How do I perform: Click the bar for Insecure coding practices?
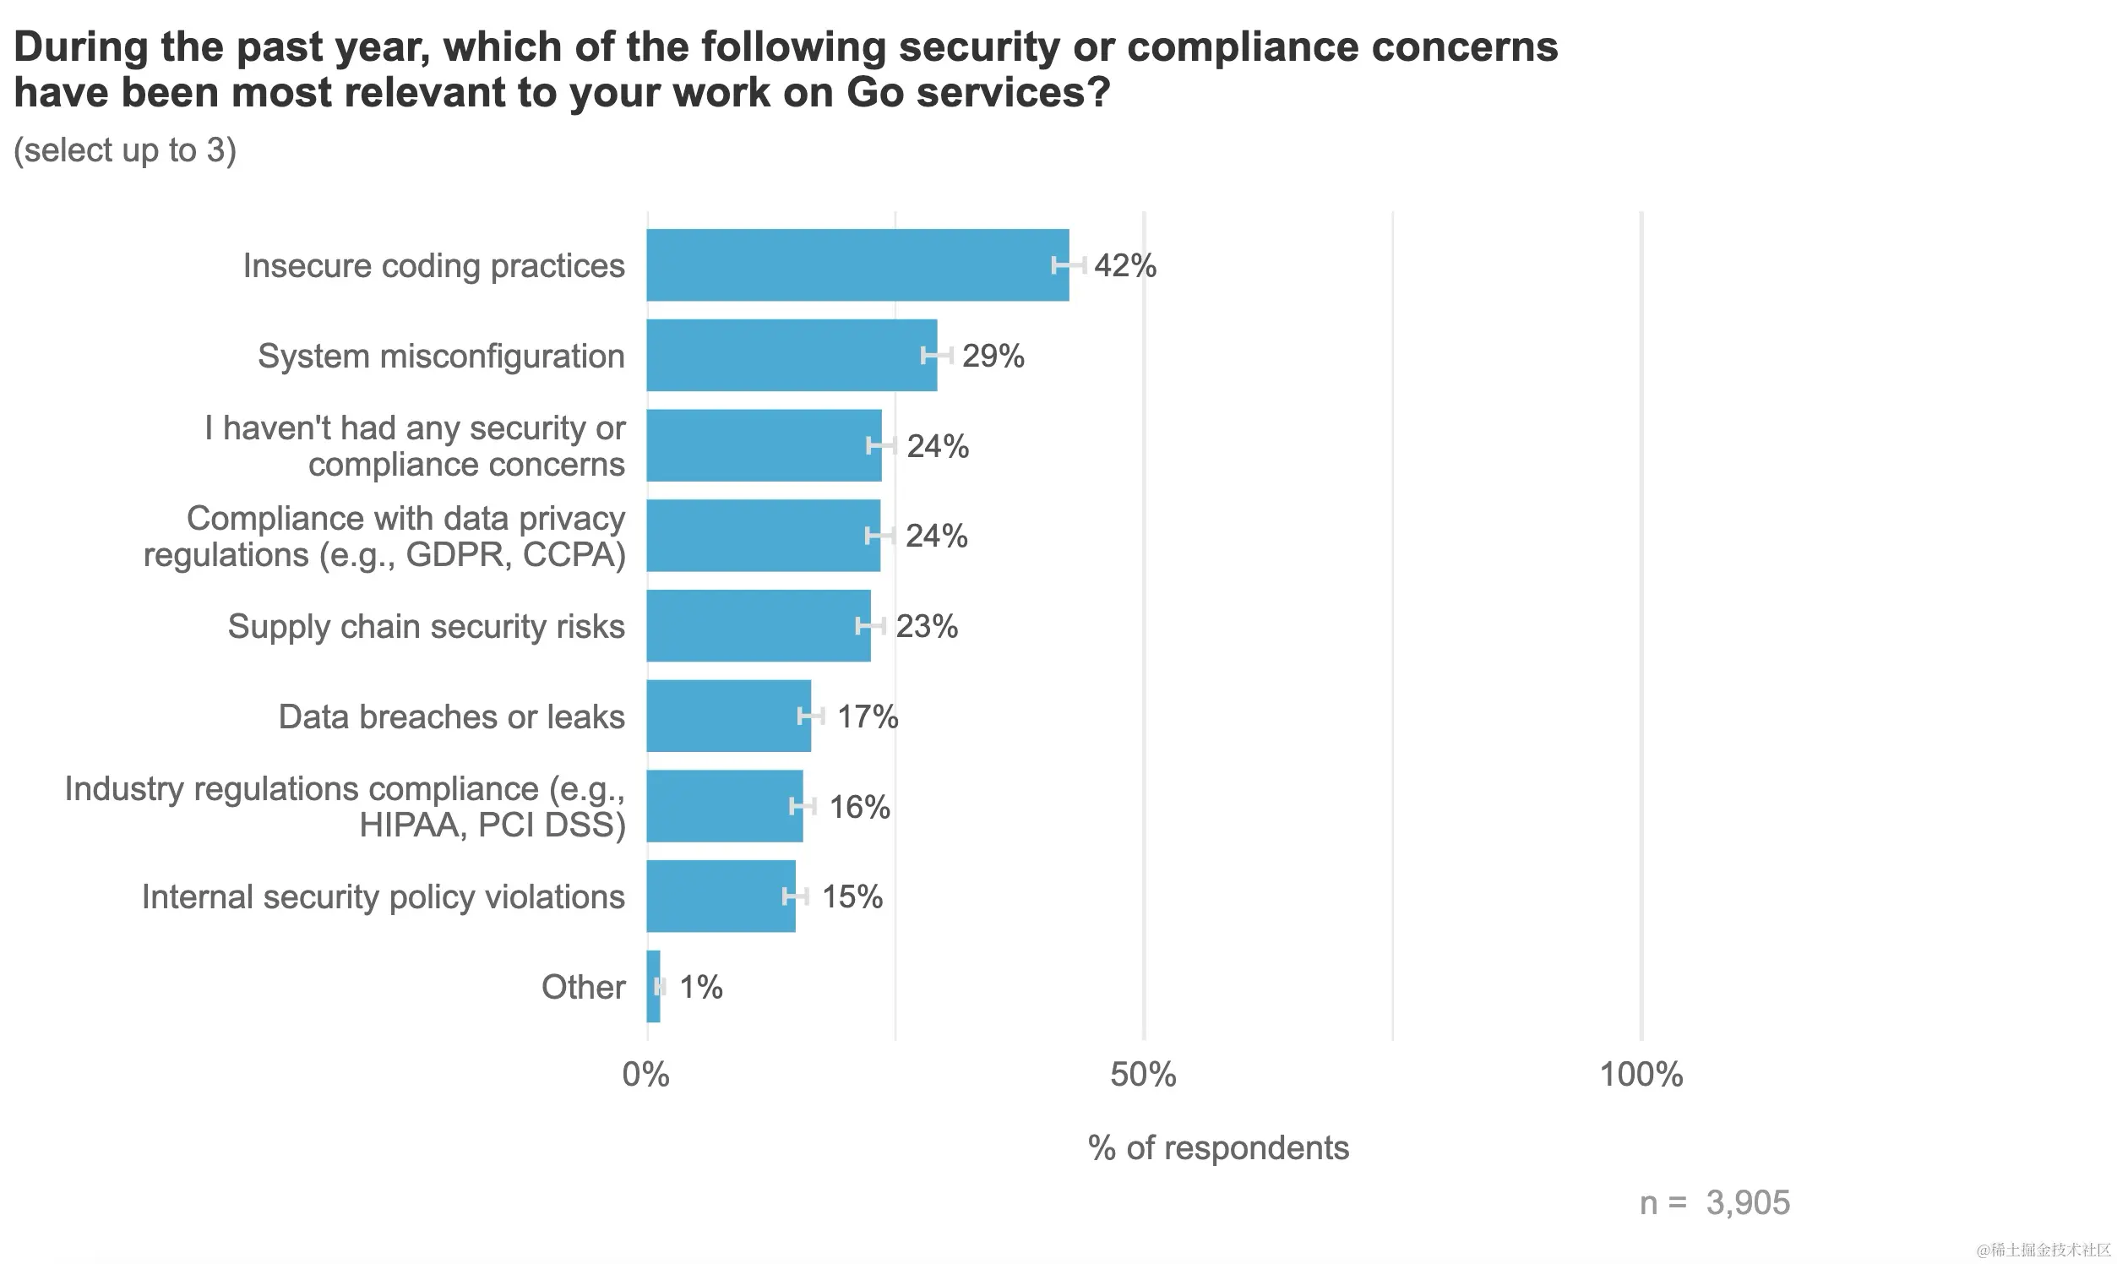point(857,265)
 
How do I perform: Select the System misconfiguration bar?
point(791,355)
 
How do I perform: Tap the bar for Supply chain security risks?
point(758,626)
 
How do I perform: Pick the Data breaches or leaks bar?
point(728,716)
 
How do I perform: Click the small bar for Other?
point(653,986)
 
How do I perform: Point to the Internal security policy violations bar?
point(721,896)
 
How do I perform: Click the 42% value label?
point(1125,266)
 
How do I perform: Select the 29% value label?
point(993,356)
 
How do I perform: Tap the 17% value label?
point(867,717)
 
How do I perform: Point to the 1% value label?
point(701,987)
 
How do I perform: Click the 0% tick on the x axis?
point(645,1075)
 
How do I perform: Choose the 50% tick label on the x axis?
point(1143,1075)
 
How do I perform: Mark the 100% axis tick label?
point(1641,1075)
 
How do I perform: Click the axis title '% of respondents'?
point(1218,1148)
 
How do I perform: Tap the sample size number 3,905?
point(1748,1202)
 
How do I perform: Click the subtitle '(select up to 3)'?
point(125,150)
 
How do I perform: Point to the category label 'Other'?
point(583,987)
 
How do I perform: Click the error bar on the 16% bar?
point(803,806)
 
